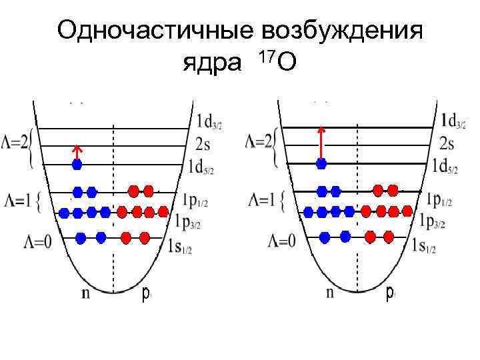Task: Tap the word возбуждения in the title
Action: (x=342, y=31)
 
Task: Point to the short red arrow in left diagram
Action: (x=77, y=152)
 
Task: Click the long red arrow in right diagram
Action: (x=321, y=142)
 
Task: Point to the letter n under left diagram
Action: (x=85, y=293)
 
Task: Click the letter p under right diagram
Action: (x=390, y=294)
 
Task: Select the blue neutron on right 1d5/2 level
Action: (x=322, y=163)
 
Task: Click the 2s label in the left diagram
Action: (x=205, y=144)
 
